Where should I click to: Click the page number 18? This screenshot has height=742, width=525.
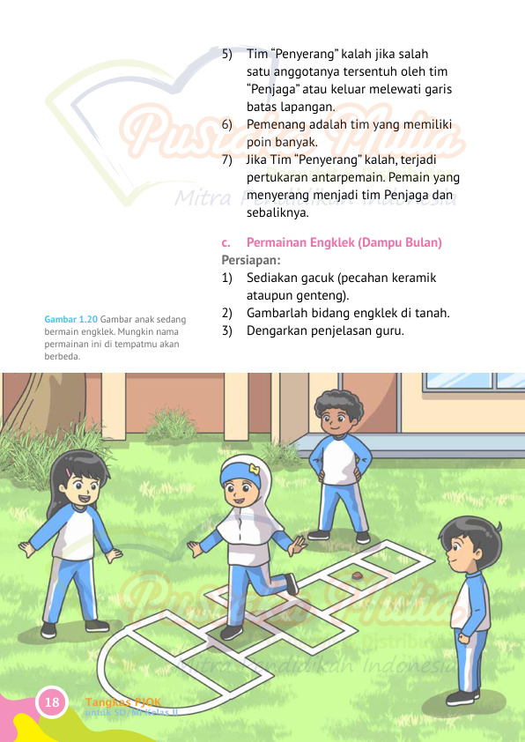(51, 702)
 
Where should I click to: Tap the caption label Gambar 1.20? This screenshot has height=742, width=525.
(70, 319)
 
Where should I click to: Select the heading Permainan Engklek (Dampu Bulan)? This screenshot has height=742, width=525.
(344, 242)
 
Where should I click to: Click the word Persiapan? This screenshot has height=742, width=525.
(250, 260)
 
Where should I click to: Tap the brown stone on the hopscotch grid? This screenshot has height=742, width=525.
(358, 577)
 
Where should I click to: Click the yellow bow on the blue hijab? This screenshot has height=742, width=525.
(254, 470)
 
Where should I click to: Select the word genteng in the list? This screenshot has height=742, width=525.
(324, 295)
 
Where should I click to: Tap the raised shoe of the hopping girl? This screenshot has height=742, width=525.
(291, 583)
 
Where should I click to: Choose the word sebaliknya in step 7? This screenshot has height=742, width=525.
(278, 212)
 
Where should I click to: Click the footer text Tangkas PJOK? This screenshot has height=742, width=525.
(122, 701)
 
